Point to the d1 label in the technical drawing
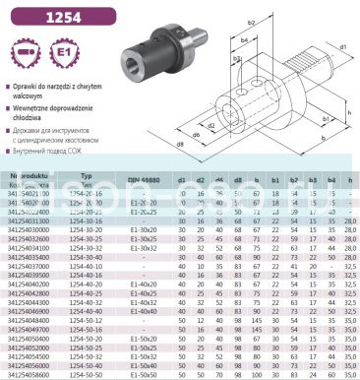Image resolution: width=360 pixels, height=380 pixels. (x=343, y=47)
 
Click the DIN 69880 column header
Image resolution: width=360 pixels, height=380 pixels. (x=144, y=180)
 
